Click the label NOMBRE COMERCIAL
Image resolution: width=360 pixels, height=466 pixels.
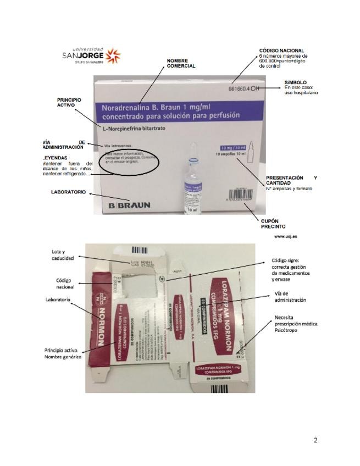(181, 63)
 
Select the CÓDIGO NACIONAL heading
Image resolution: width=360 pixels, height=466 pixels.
(281, 51)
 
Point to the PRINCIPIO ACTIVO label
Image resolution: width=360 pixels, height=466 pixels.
(69, 102)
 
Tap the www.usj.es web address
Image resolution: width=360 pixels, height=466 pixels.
(285, 236)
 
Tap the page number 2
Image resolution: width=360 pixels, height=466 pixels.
(315, 440)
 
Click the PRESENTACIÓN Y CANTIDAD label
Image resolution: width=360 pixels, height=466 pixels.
(291, 181)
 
